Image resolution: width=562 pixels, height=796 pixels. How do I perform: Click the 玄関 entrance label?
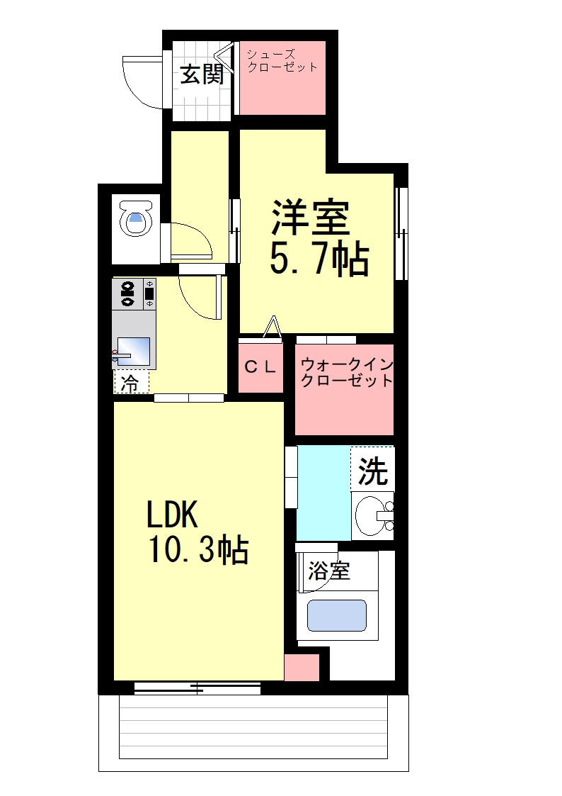(202, 75)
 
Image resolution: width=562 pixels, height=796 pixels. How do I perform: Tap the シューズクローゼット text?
(282, 60)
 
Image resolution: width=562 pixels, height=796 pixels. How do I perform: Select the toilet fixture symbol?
(136, 218)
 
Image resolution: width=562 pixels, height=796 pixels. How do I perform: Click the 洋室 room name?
(311, 218)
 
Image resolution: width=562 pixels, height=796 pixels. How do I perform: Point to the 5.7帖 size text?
(319, 259)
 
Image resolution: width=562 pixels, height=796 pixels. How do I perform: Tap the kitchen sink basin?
(134, 352)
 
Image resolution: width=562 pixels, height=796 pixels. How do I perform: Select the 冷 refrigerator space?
(132, 382)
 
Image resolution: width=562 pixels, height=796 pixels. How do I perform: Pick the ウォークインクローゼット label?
(347, 372)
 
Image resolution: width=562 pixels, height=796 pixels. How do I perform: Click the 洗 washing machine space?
(372, 469)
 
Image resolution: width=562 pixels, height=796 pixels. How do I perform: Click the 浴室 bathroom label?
(329, 571)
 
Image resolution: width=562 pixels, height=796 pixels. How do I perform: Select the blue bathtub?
(336, 616)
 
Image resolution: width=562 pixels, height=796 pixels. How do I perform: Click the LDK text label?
(171, 514)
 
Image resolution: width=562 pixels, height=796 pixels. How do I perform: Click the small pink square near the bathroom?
(302, 668)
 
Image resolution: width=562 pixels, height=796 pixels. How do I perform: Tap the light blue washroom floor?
(323, 493)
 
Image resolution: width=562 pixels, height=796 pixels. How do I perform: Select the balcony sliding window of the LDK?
(197, 688)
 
